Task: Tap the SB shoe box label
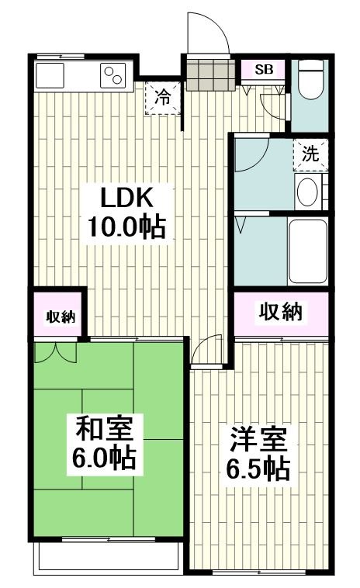coord(264,69)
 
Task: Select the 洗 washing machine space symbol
coord(310,154)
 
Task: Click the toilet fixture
coord(309,81)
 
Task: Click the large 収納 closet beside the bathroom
coord(280,313)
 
